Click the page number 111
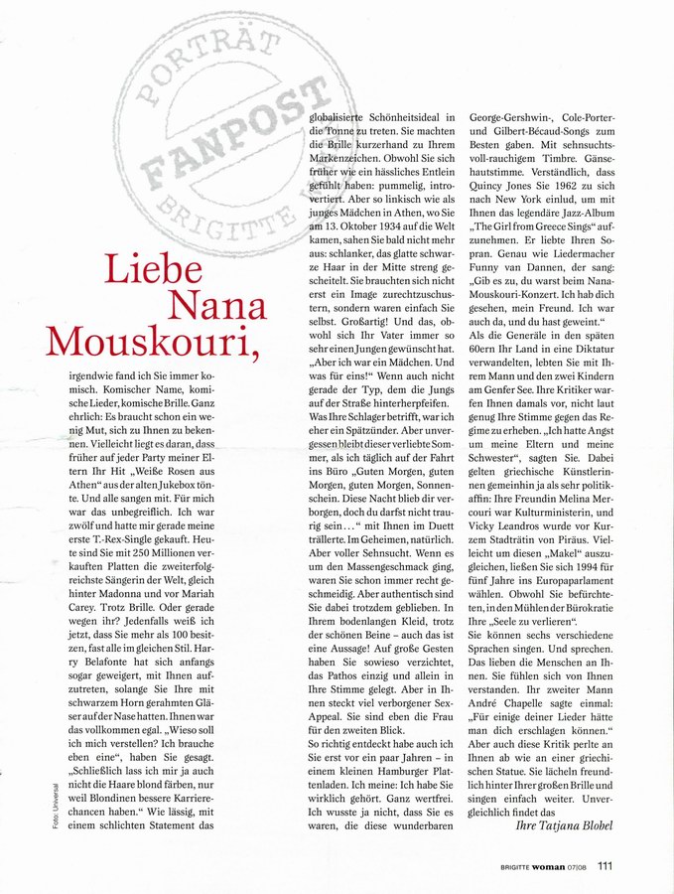click(x=605, y=865)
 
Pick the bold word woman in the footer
click(x=548, y=866)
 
